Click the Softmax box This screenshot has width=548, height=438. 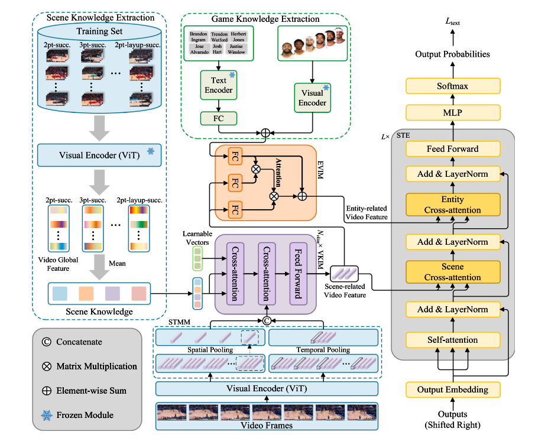[452, 86]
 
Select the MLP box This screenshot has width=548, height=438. [452, 112]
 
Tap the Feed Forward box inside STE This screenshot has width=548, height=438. [452, 149]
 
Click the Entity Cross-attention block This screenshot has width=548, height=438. [452, 205]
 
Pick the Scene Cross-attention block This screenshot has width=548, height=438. [452, 272]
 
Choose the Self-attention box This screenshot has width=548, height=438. [452, 340]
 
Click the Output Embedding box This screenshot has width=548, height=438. [452, 390]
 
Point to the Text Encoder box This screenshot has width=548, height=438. [218, 86]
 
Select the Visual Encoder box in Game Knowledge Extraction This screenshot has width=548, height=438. [312, 98]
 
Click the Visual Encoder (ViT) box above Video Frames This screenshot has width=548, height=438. [267, 388]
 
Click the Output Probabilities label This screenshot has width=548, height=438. [452, 54]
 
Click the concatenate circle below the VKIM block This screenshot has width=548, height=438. [267, 320]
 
